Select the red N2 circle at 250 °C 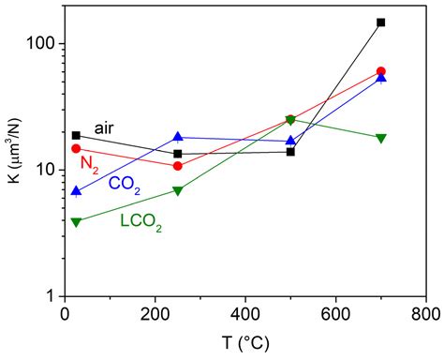pos(178,166)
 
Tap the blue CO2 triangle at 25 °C pos(76,191)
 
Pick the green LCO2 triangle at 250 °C pos(178,190)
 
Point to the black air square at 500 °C pos(290,151)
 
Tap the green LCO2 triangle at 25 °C pos(76,222)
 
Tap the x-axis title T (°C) pos(244,346)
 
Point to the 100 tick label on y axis pos(39,43)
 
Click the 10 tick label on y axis pos(44,170)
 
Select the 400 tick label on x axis pos(244,314)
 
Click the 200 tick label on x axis pos(155,314)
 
